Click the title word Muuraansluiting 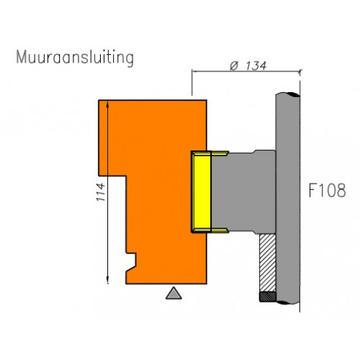coord(75,58)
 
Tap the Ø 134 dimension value coord(248,66)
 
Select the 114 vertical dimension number coord(101,192)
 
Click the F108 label coord(327,190)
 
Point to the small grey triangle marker coord(174,294)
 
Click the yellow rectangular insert coord(202,192)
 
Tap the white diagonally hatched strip coord(267,263)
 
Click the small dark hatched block coord(268,297)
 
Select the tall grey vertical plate coord(287,199)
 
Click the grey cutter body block coord(243,192)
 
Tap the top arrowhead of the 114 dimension coord(107,104)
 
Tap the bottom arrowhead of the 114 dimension coord(107,281)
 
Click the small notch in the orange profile coord(131,259)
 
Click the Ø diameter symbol coord(234,66)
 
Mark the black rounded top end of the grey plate coord(293,94)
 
